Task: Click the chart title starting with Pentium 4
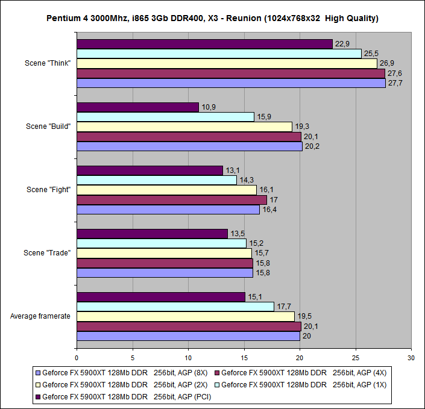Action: (212, 18)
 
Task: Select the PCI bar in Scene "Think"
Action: (204, 44)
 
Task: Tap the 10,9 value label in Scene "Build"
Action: (208, 107)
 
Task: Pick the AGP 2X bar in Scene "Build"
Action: (184, 126)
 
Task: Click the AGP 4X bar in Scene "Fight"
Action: (172, 200)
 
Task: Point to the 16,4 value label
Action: (269, 210)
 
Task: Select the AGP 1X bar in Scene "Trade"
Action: (162, 243)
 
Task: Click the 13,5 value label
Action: (238, 234)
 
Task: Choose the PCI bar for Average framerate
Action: (161, 297)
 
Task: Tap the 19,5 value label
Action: (304, 316)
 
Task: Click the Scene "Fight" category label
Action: (48, 190)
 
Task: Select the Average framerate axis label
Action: (41, 316)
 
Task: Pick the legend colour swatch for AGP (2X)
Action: (37, 384)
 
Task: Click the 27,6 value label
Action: (394, 73)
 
